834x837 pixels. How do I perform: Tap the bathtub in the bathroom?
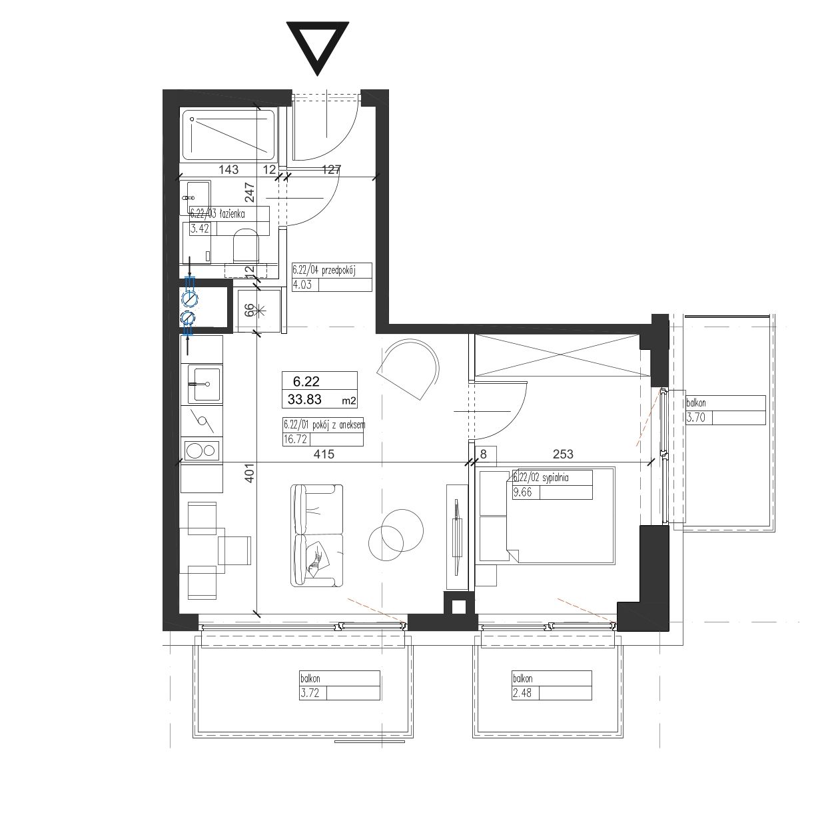tap(228, 135)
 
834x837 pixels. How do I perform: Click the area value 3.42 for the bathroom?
tap(200, 229)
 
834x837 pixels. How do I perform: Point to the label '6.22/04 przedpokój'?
tap(324, 270)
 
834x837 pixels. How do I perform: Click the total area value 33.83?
tap(304, 399)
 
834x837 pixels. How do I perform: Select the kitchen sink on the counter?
tap(205, 384)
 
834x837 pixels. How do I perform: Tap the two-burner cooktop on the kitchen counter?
tap(202, 450)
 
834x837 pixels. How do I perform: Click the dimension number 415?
tap(324, 454)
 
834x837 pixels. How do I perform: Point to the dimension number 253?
tap(563, 454)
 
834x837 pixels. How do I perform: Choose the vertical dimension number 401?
tap(250, 472)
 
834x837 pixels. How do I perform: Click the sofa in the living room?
tap(316, 536)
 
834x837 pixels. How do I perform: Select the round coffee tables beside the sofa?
tap(395, 535)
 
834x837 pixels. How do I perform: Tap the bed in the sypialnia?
tap(548, 516)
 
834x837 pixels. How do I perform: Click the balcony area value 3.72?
tap(310, 693)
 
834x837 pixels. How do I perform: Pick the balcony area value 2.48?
tap(522, 693)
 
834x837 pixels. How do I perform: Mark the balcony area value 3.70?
tap(696, 418)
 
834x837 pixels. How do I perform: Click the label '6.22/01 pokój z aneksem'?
tap(324, 424)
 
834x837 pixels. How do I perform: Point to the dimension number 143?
tap(228, 169)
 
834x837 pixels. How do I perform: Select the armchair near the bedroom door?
tap(408, 369)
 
